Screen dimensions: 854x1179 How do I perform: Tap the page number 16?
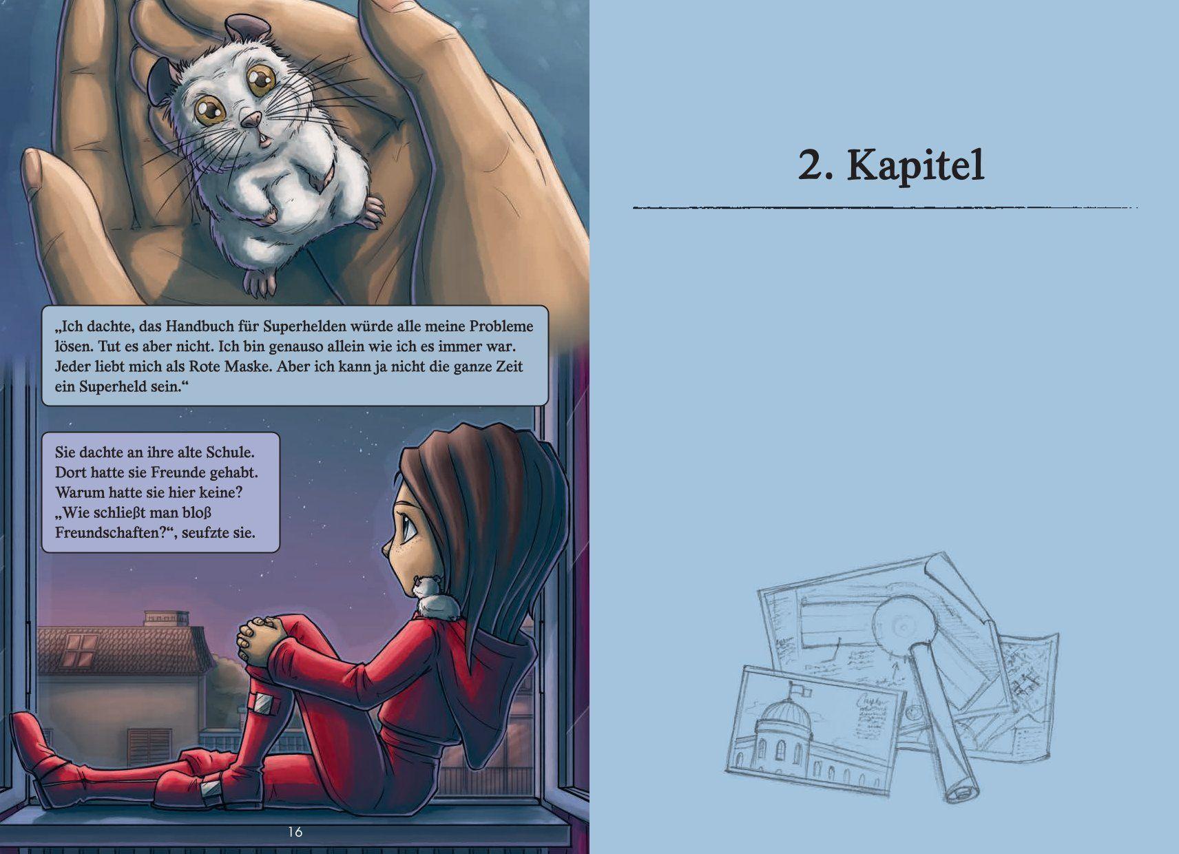(x=295, y=833)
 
